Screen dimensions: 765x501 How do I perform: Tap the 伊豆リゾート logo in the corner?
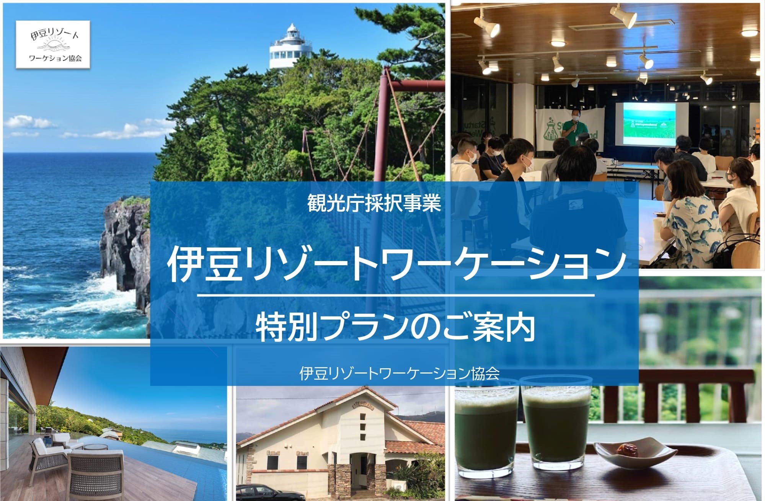point(53,45)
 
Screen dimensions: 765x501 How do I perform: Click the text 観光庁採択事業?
point(374,204)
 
